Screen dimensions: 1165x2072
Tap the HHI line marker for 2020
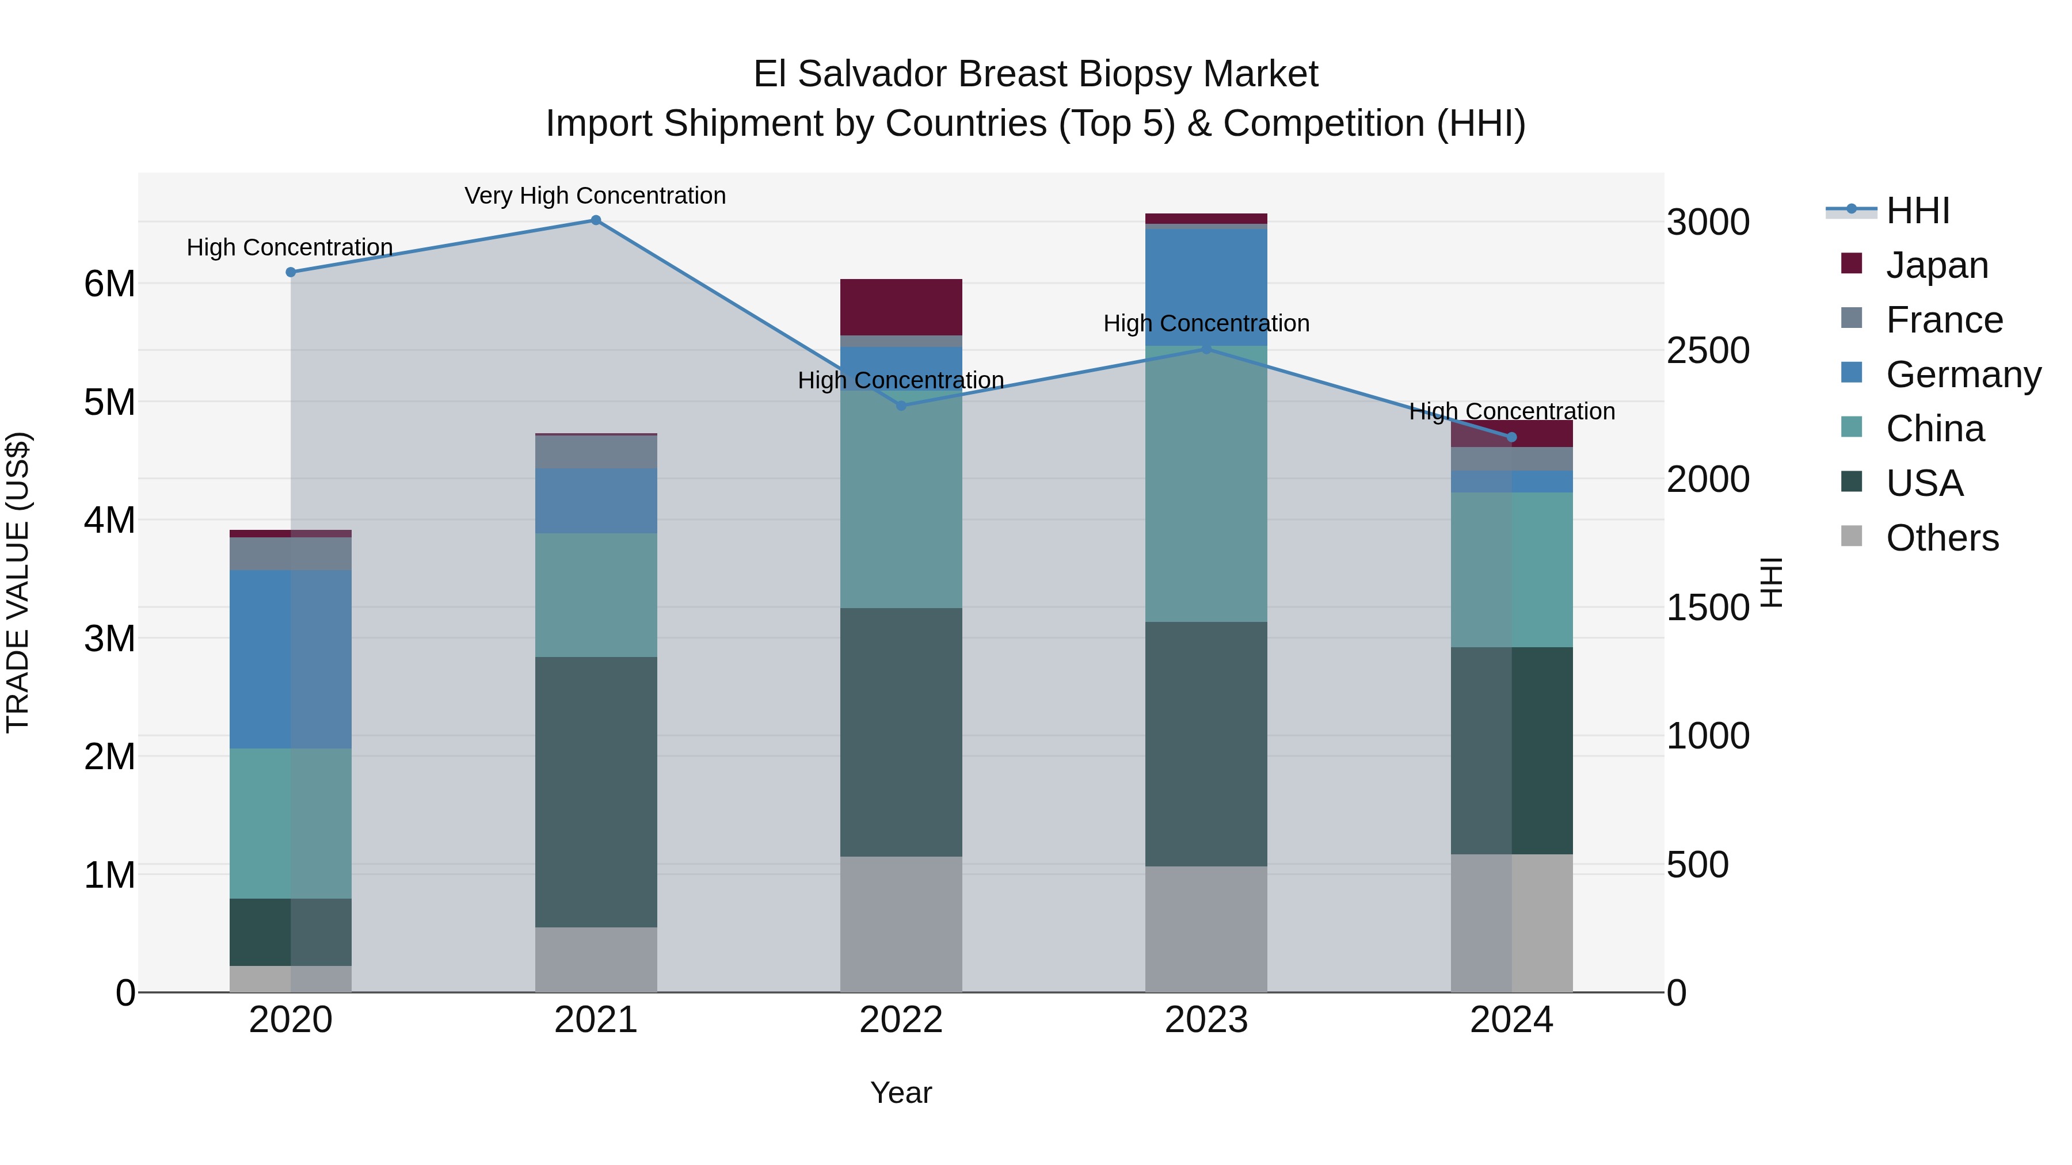pos(291,273)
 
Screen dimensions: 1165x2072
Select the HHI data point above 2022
pos(901,406)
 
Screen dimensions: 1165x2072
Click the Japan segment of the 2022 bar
pos(901,307)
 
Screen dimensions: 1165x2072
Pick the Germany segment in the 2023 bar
pos(1206,287)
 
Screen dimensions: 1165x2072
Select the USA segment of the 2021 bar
pos(596,792)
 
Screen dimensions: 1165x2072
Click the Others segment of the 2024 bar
pos(1511,923)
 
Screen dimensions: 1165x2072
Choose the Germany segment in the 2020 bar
pos(291,659)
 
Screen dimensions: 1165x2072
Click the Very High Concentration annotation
pos(595,196)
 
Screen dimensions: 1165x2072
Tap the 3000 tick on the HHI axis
pos(1708,223)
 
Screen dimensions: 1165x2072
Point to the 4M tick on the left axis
pos(109,520)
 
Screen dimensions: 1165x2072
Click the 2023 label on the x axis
pos(1206,1020)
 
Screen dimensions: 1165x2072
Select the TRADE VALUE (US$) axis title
pos(18,582)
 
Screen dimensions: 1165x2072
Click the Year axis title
pos(901,1093)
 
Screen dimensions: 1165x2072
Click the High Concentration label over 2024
pos(1511,412)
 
